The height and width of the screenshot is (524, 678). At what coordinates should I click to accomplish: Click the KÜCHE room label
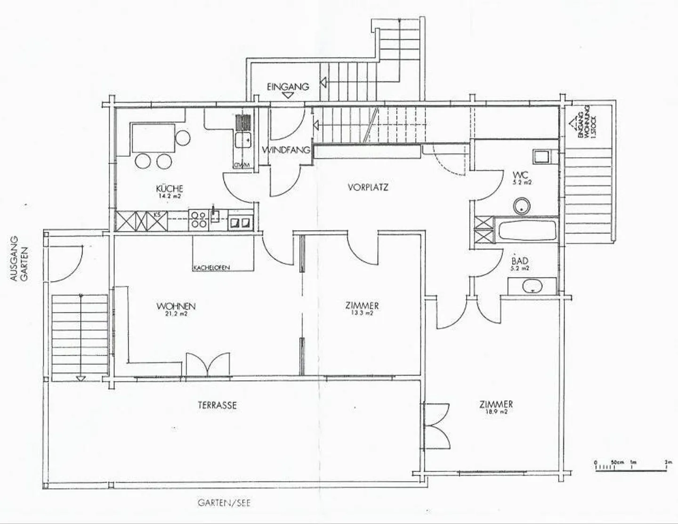[169, 187]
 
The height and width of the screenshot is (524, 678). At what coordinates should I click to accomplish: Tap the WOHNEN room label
[176, 306]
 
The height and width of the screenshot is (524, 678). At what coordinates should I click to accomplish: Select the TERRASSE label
[217, 405]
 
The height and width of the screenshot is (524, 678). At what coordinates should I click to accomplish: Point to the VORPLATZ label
[368, 187]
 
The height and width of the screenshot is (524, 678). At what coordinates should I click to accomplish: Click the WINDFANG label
[286, 150]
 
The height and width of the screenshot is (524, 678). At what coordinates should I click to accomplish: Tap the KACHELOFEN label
[211, 268]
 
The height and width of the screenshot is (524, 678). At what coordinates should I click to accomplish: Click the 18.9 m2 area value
[496, 411]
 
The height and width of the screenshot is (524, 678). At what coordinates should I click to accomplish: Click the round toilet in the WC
[522, 205]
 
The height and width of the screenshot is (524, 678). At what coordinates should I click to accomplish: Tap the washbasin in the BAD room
[532, 285]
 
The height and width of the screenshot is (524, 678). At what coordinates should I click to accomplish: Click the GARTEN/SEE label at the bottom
[224, 503]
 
